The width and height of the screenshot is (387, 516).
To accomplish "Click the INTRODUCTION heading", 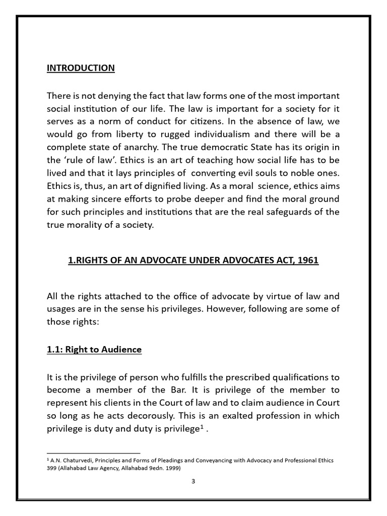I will (x=81, y=68).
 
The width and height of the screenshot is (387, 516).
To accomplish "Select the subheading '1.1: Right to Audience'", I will (x=94, y=350).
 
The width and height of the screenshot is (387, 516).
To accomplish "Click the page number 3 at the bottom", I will (x=193, y=481).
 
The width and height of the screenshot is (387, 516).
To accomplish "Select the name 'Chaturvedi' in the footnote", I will (x=80, y=461).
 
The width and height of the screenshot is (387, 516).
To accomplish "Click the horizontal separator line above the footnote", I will (x=94, y=453).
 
